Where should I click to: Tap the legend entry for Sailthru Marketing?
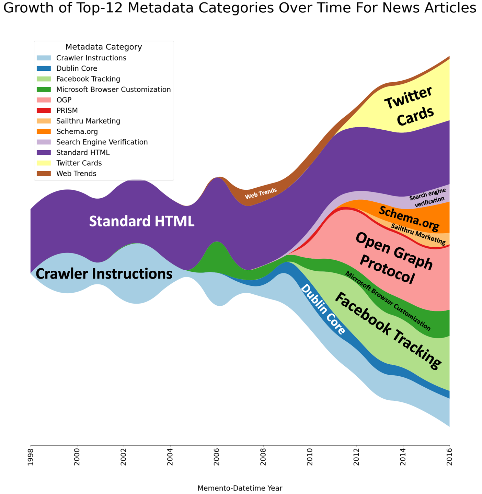[88, 121]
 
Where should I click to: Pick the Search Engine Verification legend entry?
[102, 142]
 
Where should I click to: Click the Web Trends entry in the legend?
[76, 174]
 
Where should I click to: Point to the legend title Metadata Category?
[104, 47]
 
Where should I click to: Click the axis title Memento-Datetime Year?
[240, 488]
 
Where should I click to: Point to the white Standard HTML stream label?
[141, 221]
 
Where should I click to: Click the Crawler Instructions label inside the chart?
[104, 274]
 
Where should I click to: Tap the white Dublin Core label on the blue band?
[323, 310]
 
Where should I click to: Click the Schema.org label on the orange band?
[409, 219]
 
